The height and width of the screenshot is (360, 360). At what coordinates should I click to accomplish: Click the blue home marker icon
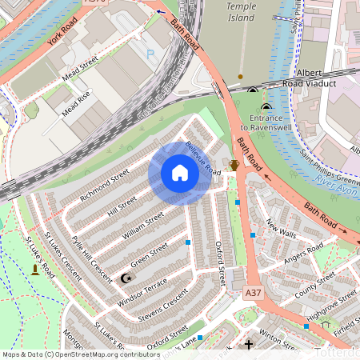[180, 173]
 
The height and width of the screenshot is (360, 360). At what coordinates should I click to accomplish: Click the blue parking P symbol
[151, 54]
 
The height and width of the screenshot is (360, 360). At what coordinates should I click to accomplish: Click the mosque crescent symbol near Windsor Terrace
[125, 278]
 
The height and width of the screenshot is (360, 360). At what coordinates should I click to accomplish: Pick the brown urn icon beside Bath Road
[234, 165]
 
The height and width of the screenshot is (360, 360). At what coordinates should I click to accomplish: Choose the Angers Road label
[303, 258]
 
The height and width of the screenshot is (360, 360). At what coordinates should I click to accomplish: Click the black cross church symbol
[249, 346]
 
